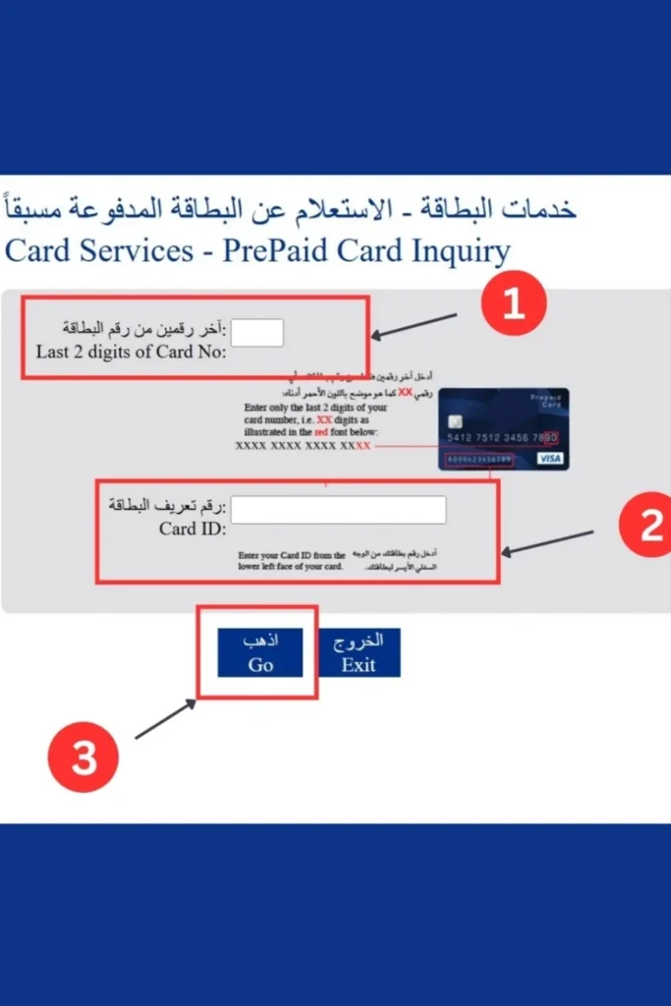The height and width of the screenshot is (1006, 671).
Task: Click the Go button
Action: coord(260,652)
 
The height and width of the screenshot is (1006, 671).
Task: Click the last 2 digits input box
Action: coord(257,333)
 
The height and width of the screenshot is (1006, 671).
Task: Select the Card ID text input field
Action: coord(338,510)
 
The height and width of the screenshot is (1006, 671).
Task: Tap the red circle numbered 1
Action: coord(513,304)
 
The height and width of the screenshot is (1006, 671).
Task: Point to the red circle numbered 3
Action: coord(84,757)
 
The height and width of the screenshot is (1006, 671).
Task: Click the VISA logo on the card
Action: coord(551,459)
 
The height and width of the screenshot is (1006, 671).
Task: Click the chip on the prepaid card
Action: coord(456,416)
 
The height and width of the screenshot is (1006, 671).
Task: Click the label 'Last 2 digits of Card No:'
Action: coord(131,352)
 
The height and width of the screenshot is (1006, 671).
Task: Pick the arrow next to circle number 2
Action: coord(548,543)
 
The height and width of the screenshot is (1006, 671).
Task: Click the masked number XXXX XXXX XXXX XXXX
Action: coord(303,445)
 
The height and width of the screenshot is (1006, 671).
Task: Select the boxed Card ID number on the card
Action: coord(478,459)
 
